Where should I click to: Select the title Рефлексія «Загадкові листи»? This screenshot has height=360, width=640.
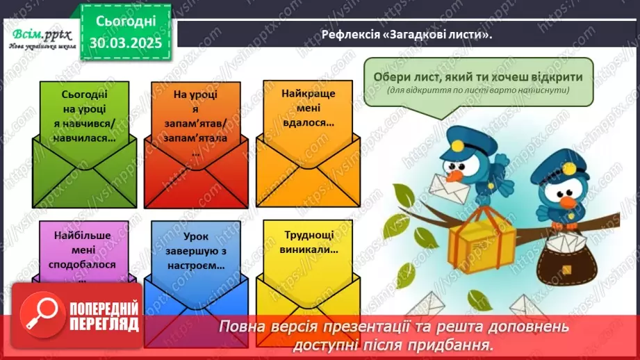(x=407, y=35)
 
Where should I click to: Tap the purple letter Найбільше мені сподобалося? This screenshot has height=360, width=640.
(x=84, y=250)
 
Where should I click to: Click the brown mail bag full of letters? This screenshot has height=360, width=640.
(x=566, y=261)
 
